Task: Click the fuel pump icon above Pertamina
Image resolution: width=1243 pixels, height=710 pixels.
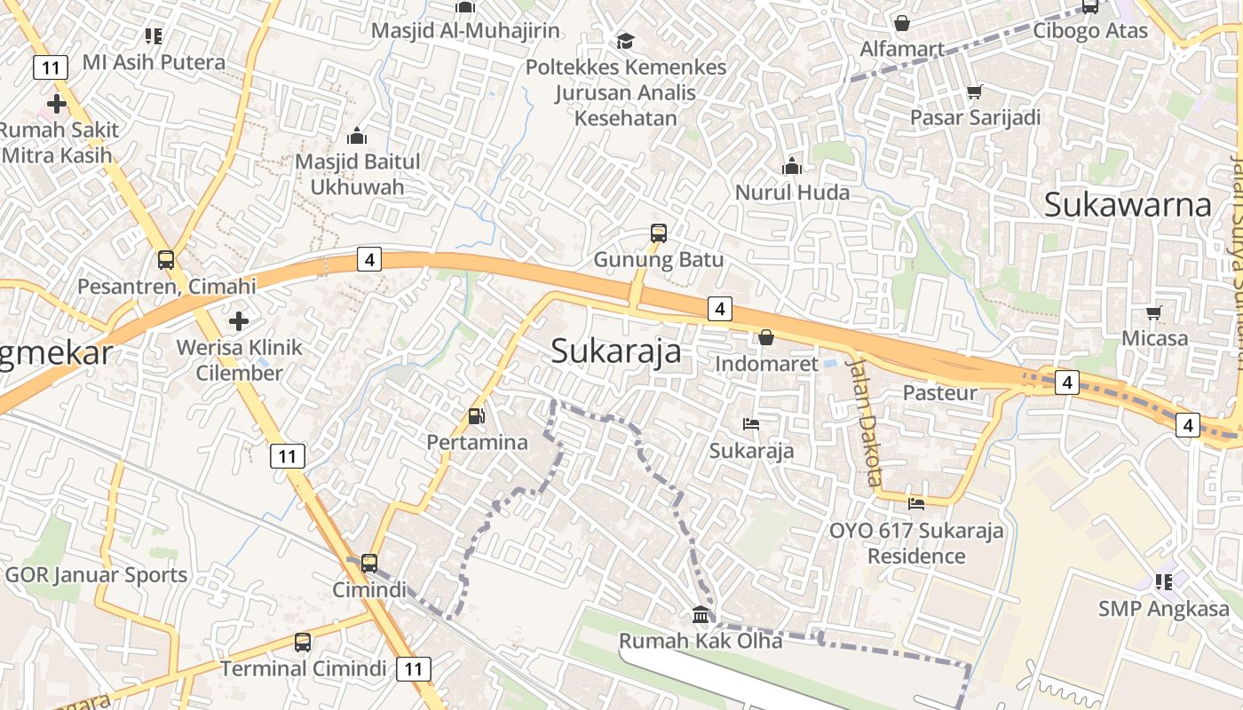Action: (477, 415)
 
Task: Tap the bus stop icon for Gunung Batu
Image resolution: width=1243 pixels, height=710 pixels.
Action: (658, 233)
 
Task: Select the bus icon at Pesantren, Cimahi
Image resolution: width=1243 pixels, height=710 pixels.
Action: (166, 260)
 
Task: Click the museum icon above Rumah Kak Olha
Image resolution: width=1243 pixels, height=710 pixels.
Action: (701, 614)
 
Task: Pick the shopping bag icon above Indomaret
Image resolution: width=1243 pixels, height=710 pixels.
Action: (765, 337)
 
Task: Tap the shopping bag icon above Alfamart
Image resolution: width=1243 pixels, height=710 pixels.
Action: (902, 23)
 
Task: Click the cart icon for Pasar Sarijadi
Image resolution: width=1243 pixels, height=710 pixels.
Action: (974, 91)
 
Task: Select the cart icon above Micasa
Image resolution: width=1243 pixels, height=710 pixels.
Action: (1153, 312)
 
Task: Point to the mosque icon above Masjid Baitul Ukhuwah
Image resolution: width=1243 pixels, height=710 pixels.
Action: (357, 136)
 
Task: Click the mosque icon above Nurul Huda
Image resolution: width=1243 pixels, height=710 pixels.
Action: (792, 166)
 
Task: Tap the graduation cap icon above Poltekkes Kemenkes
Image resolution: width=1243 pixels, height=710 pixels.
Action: (625, 41)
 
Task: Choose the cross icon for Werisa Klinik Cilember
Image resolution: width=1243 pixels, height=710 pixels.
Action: (239, 320)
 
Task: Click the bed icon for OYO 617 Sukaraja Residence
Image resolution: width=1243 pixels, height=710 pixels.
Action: (916, 504)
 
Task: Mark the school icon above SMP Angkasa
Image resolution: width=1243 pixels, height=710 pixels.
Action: (1164, 582)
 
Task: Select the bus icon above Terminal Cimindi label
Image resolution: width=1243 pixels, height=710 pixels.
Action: (303, 642)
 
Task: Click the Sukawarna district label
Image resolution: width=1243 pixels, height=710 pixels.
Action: (1128, 204)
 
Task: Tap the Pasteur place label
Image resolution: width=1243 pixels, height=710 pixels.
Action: (939, 392)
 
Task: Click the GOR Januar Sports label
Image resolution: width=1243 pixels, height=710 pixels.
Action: (97, 574)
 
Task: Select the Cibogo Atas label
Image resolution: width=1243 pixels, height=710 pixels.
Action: (1090, 30)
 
